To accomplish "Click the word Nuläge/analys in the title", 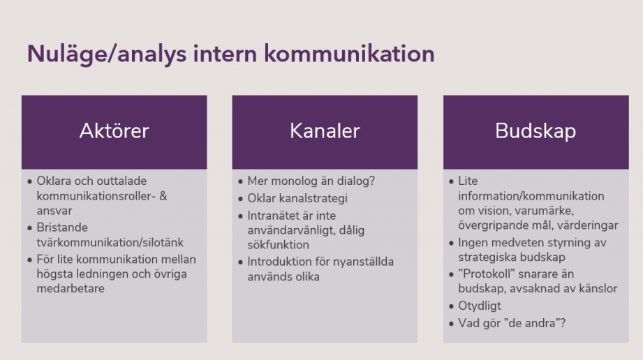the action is pos(107,54).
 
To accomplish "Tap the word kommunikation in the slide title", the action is pos(349,53).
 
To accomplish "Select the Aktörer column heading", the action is pos(114,131).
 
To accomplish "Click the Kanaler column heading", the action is pos(325,131).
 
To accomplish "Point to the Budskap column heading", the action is pos(535,131).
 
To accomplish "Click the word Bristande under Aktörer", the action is pos(62,227).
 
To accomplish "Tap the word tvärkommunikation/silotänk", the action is pos(110,242).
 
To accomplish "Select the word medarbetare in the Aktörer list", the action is pos(71,289).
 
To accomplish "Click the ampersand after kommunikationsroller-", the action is pos(163,196).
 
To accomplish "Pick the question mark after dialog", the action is pos(372,181).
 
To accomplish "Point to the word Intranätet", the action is pos(274,216).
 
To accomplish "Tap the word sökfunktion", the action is pos(278,245).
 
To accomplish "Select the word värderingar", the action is pos(590,225).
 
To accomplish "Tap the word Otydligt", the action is pos(480,306).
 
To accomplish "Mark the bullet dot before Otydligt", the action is pos(452,306).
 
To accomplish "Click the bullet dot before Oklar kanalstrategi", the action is pos(241,199).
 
